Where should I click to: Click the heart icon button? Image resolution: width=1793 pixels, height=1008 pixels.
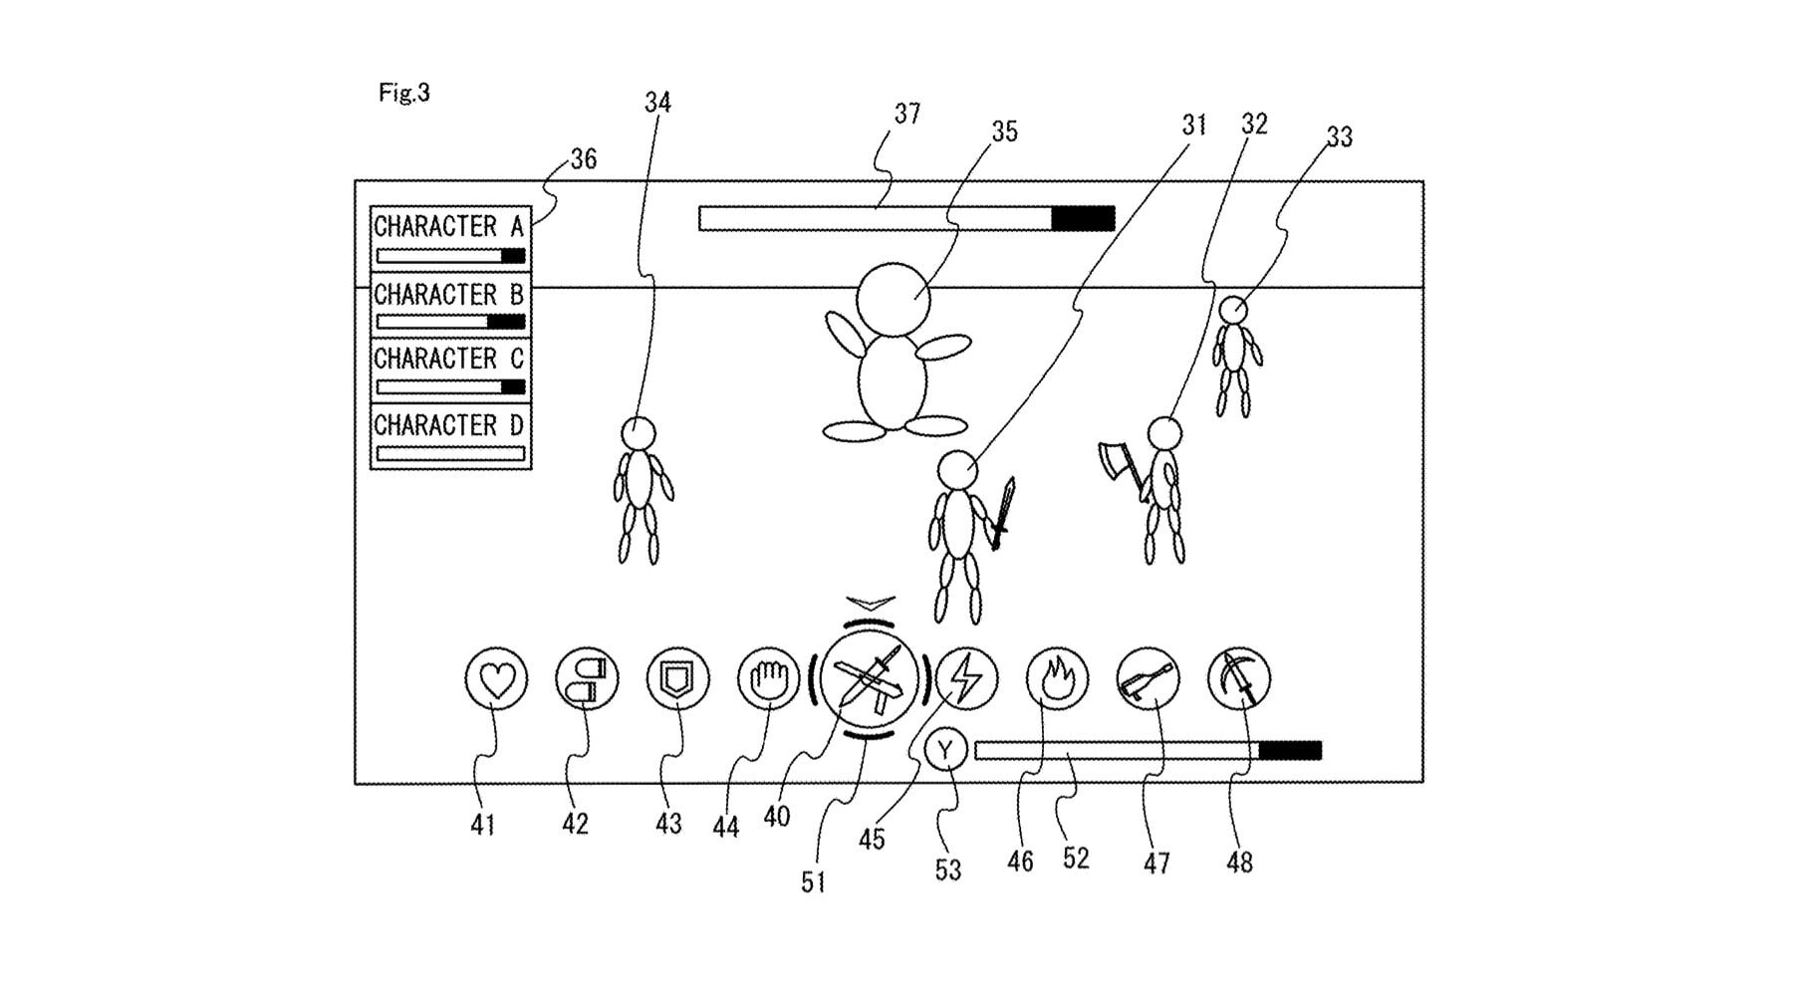(496, 679)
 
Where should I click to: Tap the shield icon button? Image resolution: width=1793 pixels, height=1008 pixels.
(677, 679)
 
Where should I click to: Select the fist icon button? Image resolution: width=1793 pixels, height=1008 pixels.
(769, 679)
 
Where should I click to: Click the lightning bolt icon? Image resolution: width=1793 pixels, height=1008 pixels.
(966, 679)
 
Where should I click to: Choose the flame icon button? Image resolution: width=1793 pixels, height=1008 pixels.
(1058, 679)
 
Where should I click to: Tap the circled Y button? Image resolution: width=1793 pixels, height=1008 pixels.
(945, 750)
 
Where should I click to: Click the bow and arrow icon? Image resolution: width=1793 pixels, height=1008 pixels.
(1239, 679)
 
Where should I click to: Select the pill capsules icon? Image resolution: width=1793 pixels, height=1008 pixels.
(587, 679)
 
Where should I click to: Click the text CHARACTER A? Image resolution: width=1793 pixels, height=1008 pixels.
(448, 227)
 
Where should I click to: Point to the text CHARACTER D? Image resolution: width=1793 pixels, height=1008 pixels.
(448, 425)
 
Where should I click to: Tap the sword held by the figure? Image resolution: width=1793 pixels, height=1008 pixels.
(1003, 513)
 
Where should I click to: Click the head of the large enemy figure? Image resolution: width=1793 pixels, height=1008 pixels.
(894, 299)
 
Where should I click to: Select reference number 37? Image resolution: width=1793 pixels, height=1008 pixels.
(906, 115)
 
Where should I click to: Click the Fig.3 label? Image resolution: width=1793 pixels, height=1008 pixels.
(404, 93)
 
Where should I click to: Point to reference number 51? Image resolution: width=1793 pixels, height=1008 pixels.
(814, 882)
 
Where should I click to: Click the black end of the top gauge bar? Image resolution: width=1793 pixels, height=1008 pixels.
(1083, 219)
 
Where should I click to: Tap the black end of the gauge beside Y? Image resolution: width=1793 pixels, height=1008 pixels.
(1290, 750)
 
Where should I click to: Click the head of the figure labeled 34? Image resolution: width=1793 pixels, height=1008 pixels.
(638, 433)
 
